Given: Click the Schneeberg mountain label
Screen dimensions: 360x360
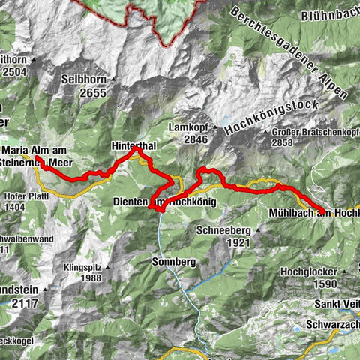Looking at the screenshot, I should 223,231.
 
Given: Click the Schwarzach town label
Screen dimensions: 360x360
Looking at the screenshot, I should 332,325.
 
